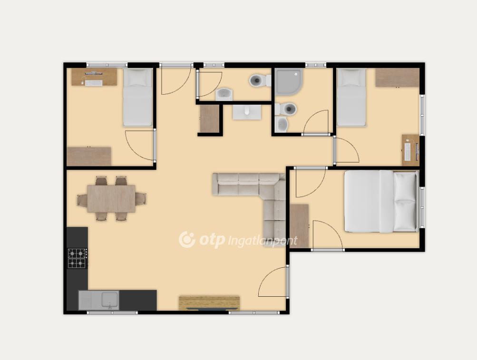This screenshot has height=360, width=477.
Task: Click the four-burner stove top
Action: coord(77,258)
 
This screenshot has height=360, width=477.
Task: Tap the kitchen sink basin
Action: coord(110,300)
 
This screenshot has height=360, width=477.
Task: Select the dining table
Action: coord(111,199)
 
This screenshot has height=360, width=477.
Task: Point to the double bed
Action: coord(381,201)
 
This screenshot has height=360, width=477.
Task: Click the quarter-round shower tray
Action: coord(289,82)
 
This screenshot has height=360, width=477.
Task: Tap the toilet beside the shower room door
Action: coord(286,108)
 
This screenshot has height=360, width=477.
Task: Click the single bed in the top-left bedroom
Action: coord(137,97)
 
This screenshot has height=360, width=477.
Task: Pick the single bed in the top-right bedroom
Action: coord(351,97)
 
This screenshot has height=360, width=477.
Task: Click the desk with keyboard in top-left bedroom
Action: coord(94,77)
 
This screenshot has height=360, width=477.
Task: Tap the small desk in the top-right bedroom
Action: coord(410,150)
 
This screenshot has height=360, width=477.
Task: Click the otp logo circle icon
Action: coord(187,240)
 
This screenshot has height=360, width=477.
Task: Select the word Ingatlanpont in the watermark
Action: coord(262,241)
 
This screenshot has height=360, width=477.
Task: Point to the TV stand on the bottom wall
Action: coord(209,303)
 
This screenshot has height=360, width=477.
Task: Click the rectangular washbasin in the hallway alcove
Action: coord(247,112)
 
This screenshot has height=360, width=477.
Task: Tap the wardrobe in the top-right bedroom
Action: coord(397,78)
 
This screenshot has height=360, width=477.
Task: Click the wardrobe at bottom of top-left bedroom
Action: coord(89,156)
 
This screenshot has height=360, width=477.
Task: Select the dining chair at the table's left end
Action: coord(82,201)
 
